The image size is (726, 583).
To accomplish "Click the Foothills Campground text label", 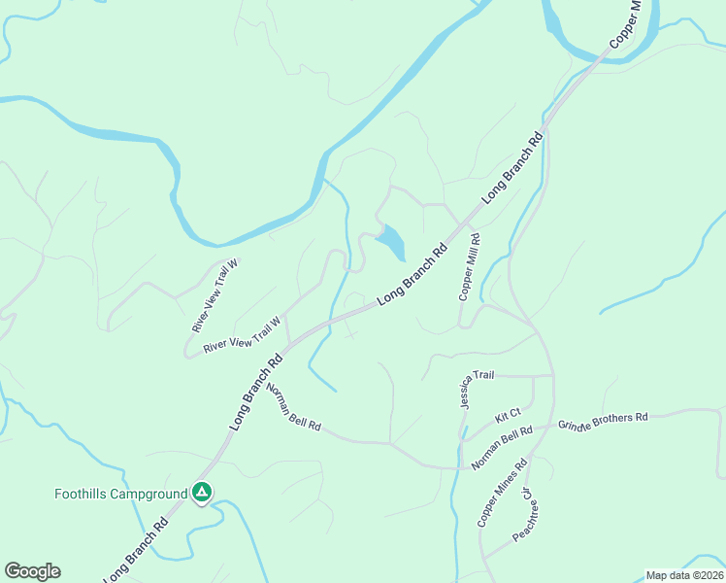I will [120, 494].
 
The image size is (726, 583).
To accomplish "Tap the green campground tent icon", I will [201, 494].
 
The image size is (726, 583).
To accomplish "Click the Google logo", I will [32, 571].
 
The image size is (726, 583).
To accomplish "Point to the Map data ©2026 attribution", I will [685, 575].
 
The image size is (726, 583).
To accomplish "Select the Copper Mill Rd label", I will [470, 266].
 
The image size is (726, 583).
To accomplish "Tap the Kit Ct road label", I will [508, 415].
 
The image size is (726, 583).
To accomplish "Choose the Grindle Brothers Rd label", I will [603, 421].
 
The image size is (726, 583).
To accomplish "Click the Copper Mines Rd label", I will [502, 493].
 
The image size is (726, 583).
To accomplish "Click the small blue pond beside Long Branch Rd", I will [391, 241].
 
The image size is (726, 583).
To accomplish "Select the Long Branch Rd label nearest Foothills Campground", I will [137, 550].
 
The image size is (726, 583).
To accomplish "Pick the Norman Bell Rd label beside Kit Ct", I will [502, 448].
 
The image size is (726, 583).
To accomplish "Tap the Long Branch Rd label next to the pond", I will [412, 276].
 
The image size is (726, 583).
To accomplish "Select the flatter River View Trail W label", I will [242, 334].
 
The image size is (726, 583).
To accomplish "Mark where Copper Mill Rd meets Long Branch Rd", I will [473, 214].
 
